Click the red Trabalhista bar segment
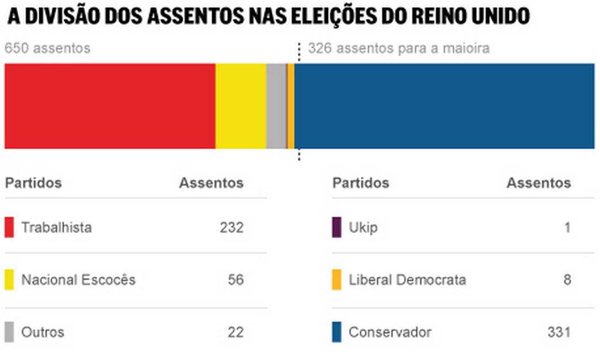point(109,106)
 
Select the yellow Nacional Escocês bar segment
point(240,106)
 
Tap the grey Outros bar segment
point(276,106)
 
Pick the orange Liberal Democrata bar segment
point(291,106)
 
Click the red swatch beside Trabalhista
point(9,227)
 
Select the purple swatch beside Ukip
point(336,227)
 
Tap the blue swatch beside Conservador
point(336,332)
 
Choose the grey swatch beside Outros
point(9,332)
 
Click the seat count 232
point(231,227)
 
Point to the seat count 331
point(559,332)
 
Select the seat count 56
point(235,280)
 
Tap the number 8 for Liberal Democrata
point(567,280)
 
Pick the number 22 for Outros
point(235,332)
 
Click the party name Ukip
point(363,227)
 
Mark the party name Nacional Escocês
point(78,280)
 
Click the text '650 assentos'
point(47,49)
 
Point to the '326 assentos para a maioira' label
point(398,49)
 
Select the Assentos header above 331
point(538,183)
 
